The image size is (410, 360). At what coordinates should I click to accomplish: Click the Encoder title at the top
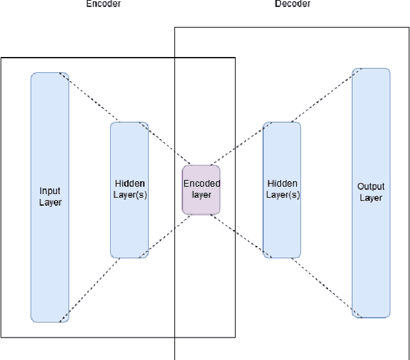pyautogui.click(x=103, y=4)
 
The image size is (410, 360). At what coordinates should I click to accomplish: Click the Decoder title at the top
pyautogui.click(x=293, y=4)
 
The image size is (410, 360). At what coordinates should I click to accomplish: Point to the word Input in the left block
pyautogui.click(x=50, y=191)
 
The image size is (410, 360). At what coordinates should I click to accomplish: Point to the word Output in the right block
pyautogui.click(x=371, y=186)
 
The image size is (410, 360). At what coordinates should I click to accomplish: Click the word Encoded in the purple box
pyautogui.click(x=202, y=183)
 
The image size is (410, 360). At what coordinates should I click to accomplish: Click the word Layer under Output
pyautogui.click(x=371, y=198)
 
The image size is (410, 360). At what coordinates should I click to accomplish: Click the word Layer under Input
pyautogui.click(x=50, y=202)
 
